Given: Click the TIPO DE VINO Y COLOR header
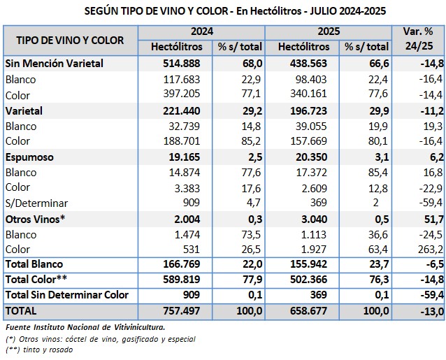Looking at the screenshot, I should point(70,40).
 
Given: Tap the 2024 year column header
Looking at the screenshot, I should point(201,32).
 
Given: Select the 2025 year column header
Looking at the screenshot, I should point(329,32).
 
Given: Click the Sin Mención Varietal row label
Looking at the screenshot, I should point(54,63).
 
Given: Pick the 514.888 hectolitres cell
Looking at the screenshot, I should point(180,63).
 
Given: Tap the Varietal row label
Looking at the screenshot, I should point(24,111).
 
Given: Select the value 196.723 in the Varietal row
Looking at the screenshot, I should point(307,111).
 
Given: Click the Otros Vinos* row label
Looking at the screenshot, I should point(34,219).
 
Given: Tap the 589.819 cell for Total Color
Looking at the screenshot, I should point(180,280).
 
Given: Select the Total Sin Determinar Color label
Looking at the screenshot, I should point(66,294).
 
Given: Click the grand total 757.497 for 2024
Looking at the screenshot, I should point(180,310).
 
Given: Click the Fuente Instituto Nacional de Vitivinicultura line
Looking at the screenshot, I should point(84,326).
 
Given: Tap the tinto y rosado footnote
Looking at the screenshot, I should point(45,350).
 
